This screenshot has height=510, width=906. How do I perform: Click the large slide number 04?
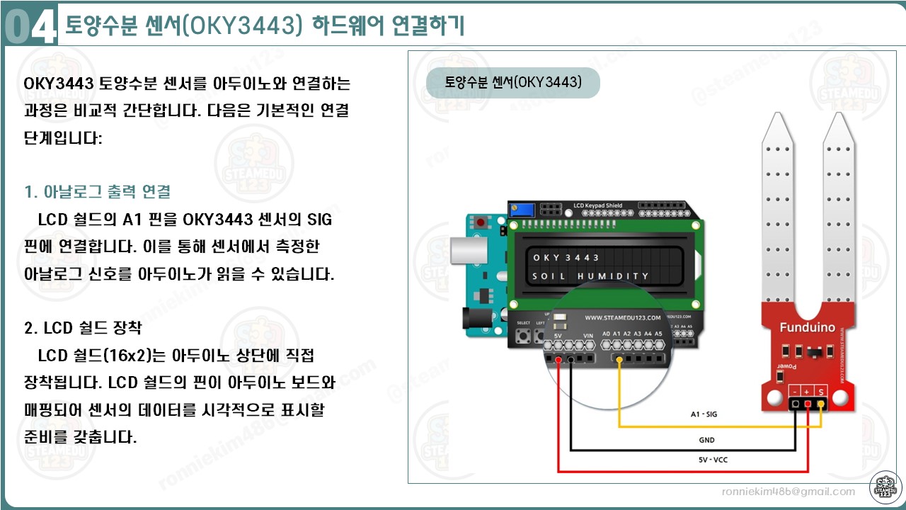coord(29,28)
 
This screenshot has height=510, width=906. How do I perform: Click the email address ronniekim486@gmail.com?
coord(788,492)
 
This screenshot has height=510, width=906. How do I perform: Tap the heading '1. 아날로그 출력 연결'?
coord(97,192)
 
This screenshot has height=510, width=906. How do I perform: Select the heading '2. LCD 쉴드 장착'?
coord(83,328)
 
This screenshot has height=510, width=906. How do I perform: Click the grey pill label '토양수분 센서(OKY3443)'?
coord(513,82)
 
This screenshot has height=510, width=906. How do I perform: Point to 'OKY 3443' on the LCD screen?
coord(566,257)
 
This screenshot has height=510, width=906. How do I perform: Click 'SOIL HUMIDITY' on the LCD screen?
coord(590,276)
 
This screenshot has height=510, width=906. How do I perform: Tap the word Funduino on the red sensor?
coord(807,327)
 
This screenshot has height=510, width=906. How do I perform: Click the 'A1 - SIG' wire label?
coord(704,414)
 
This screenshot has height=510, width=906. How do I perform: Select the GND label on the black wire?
coord(707,440)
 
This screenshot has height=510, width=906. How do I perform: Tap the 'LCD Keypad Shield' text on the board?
coord(599,206)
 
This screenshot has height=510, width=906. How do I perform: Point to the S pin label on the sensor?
coord(820,391)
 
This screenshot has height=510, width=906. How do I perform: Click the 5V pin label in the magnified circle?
coord(558,334)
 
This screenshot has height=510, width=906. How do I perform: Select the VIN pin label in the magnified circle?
coord(587,334)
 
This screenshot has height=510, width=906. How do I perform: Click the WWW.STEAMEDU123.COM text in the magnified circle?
coord(622,318)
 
